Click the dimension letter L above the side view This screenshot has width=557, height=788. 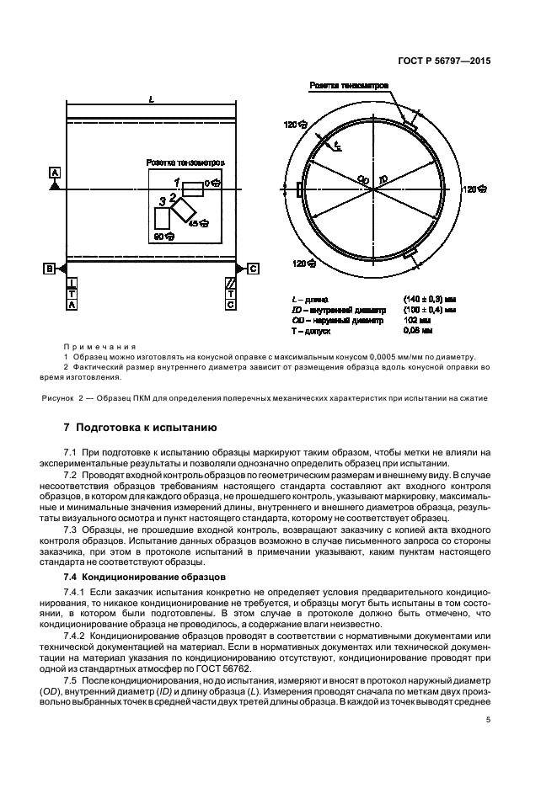(x=150, y=100)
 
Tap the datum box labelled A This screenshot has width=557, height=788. (x=55, y=173)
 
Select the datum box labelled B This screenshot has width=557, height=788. (x=50, y=268)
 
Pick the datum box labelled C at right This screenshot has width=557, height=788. (x=252, y=268)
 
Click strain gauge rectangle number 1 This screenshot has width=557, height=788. (x=193, y=187)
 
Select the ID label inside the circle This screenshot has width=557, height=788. (x=383, y=179)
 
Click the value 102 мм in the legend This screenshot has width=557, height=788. (x=440, y=320)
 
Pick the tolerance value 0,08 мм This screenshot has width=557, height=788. (x=442, y=330)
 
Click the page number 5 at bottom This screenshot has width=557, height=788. (x=489, y=720)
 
